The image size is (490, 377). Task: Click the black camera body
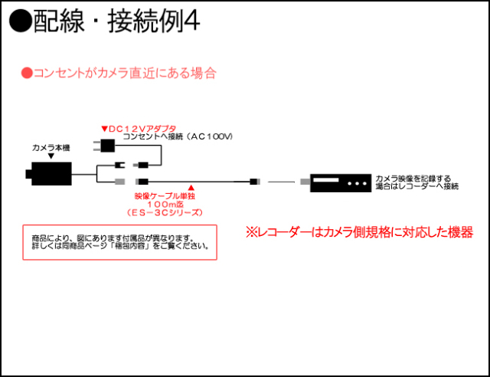[51, 174]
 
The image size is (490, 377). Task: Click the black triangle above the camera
[51, 156]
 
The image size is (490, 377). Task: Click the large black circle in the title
[20, 21]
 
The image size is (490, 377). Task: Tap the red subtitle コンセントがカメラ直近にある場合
[119, 74]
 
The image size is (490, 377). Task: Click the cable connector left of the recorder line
[255, 182]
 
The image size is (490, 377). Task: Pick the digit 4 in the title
[193, 21]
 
